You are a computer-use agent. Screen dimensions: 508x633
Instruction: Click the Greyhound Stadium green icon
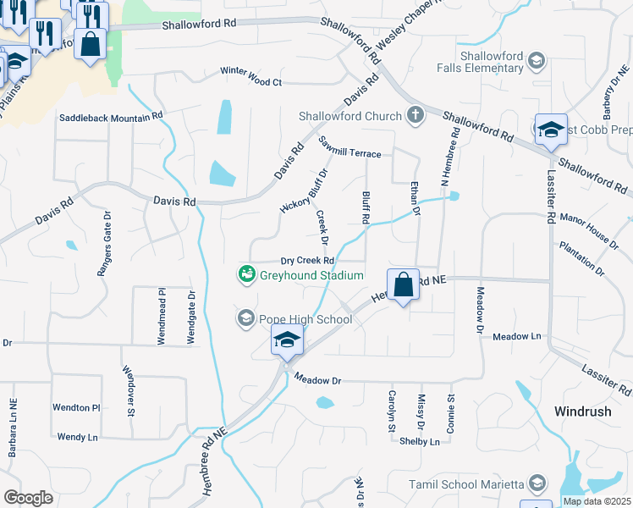(x=246, y=274)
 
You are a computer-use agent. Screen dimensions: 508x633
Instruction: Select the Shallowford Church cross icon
(x=416, y=115)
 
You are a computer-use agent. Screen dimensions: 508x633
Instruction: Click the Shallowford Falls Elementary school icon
(x=536, y=60)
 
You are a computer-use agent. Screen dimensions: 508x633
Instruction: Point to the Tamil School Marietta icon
(x=536, y=483)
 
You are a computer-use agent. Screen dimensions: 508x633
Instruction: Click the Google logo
(x=28, y=498)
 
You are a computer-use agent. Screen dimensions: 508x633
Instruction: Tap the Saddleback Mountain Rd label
(x=110, y=116)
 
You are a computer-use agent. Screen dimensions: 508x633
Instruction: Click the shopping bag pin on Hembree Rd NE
(x=404, y=286)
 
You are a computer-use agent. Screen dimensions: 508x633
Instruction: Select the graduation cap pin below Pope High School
(x=287, y=342)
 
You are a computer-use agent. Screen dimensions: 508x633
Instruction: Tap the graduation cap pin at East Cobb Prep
(x=551, y=130)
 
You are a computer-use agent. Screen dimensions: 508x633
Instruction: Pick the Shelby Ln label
(x=420, y=441)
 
